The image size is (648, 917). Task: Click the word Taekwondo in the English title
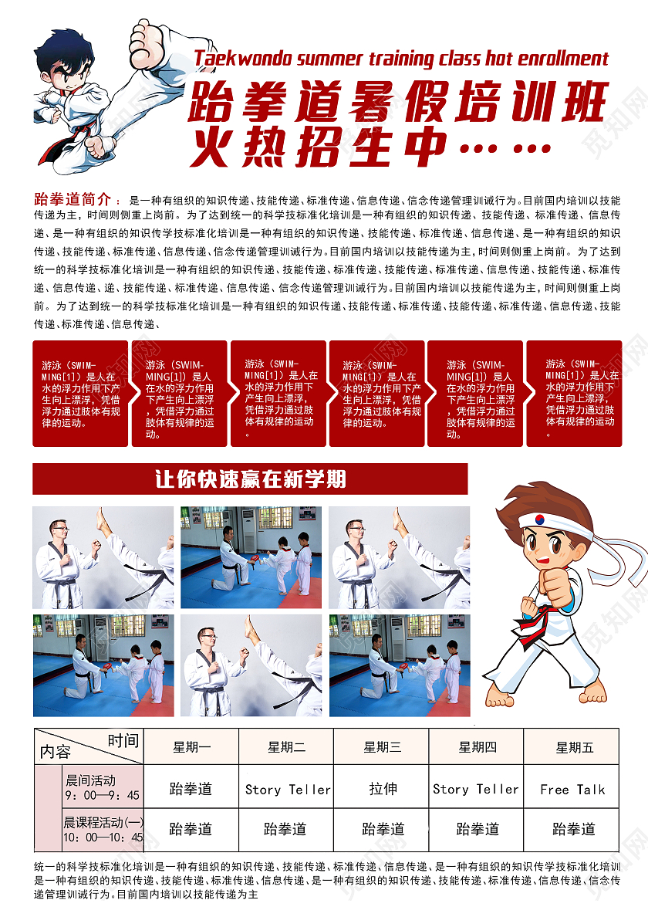click(243, 59)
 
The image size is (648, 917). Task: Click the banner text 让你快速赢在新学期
click(251, 479)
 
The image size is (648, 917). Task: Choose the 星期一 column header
click(191, 747)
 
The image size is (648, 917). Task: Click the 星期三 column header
click(382, 747)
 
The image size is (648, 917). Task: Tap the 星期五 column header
click(575, 747)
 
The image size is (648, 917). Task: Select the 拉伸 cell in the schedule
click(383, 789)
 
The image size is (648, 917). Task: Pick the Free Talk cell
click(572, 790)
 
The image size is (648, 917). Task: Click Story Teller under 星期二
click(288, 790)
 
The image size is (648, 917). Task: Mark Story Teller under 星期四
click(476, 789)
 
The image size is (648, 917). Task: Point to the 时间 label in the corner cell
click(123, 741)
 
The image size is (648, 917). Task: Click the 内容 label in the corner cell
click(55, 752)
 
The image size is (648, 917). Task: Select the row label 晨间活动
click(90, 780)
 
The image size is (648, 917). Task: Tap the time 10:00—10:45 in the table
click(103, 837)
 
